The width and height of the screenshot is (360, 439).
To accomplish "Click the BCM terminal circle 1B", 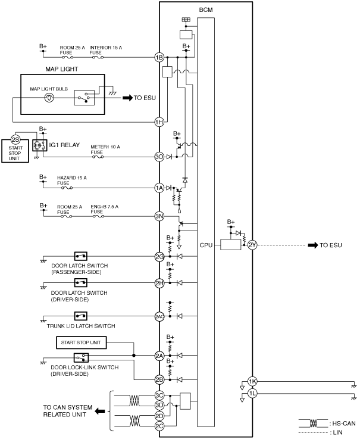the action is [x=159, y=57].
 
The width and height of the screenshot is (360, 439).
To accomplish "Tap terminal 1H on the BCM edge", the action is [x=159, y=122].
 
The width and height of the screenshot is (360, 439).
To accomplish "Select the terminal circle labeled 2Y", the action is [x=252, y=245].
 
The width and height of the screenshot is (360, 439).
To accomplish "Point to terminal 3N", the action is [x=159, y=216].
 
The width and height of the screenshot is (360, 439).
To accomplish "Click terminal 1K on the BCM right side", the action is [x=252, y=381].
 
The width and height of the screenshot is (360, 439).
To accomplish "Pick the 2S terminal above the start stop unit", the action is [x=15, y=139].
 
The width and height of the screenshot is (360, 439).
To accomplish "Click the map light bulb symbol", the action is [x=49, y=98].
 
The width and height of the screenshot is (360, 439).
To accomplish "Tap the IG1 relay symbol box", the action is [x=39, y=145].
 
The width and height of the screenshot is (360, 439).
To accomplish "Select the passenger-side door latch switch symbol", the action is [x=81, y=256].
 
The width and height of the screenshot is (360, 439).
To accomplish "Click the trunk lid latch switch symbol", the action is [x=81, y=316].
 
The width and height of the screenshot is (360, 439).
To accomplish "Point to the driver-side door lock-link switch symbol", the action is [x=81, y=357].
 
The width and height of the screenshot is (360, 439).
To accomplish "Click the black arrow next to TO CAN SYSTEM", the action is [x=100, y=411].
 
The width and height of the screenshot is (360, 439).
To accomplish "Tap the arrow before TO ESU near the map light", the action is [x=128, y=98].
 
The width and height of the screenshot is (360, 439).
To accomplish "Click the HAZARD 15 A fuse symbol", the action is [x=67, y=188].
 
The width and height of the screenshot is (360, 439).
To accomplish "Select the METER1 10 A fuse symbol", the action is [x=98, y=157].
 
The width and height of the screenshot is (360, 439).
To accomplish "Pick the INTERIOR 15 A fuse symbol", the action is [x=98, y=57].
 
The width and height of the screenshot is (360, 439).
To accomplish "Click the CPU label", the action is [x=206, y=245].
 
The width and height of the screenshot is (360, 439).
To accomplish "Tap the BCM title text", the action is [x=206, y=10].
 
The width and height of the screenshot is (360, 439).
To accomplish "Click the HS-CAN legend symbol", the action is [x=313, y=424].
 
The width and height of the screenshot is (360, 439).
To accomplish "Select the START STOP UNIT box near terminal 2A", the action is [x=81, y=343].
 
